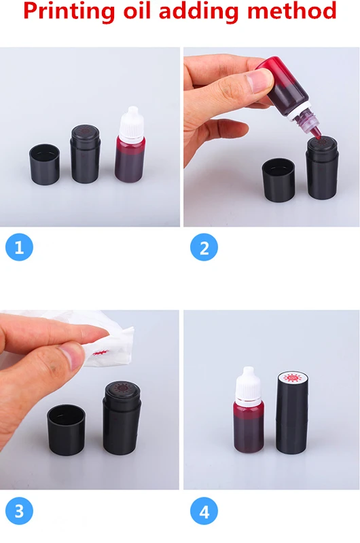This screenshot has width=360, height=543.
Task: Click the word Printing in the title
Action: tap(69, 11)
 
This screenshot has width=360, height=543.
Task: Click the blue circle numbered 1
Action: tap(19, 247)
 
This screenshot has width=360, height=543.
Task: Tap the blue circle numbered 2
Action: tap(204, 247)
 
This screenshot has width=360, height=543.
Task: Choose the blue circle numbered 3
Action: tap(19, 511)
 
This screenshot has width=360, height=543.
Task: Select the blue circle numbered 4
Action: tap(204, 511)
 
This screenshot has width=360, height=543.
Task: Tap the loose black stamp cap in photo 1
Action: tap(44, 164)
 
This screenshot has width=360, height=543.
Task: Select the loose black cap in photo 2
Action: tap(278, 179)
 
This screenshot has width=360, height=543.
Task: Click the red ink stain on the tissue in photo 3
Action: tap(100, 353)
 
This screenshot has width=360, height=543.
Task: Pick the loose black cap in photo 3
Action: tap(66, 430)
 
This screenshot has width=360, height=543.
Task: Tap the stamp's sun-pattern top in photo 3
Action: tap(122, 388)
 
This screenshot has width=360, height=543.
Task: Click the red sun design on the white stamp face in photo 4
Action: tap(293, 379)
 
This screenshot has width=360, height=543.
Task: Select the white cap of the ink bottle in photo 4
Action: tap(248, 384)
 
